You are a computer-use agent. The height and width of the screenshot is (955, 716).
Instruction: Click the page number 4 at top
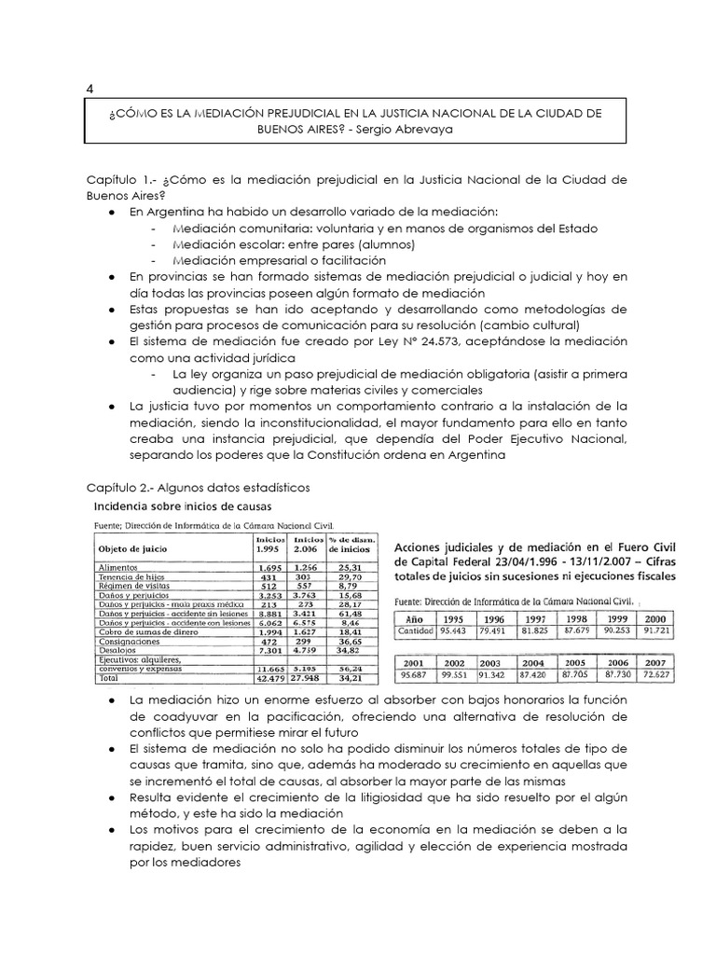(89, 88)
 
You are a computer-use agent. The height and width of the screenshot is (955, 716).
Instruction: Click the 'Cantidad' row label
(415, 631)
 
